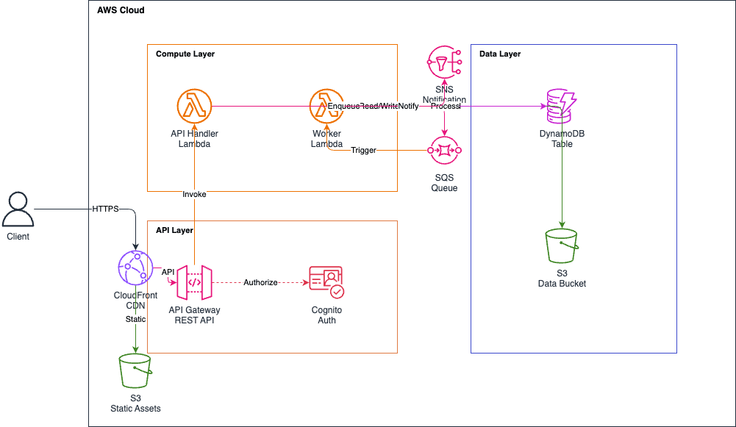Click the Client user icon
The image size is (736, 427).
pos(18,209)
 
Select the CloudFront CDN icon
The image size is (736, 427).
pos(135,268)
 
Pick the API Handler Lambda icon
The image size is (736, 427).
pos(194,107)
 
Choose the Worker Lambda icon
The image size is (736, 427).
pos(326,107)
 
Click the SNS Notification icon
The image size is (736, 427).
pos(444,63)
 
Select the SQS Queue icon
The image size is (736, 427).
pos(444,151)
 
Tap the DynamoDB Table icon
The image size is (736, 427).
pos(562,107)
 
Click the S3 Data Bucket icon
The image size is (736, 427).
pos(562,246)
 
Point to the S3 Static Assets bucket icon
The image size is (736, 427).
pos(135,371)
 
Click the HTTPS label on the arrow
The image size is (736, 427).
pos(105,209)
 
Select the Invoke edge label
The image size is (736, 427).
pos(194,195)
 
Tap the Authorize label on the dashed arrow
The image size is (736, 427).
pos(261,283)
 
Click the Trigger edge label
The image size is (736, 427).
pos(363,151)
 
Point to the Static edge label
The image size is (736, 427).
pos(135,319)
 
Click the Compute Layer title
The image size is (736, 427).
pos(185,54)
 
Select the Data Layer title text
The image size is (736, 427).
pos(500,54)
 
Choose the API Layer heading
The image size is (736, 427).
pos(174,231)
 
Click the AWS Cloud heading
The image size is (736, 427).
pos(121,10)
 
